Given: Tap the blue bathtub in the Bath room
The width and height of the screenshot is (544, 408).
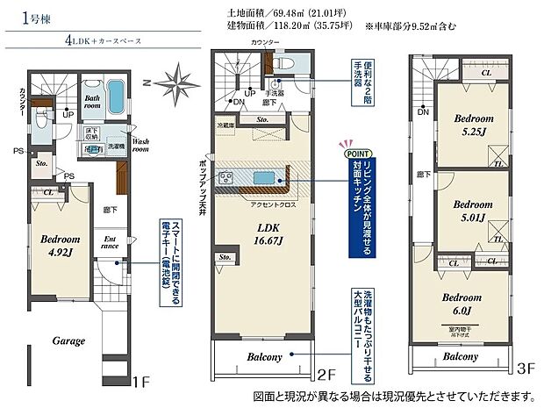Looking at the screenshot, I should tap(116, 93).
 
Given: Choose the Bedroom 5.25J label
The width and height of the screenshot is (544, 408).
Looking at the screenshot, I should tap(473, 125).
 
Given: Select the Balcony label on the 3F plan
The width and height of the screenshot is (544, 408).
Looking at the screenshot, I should tap(460, 356).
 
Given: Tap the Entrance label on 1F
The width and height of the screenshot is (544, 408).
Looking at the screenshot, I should tap(111, 241).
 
